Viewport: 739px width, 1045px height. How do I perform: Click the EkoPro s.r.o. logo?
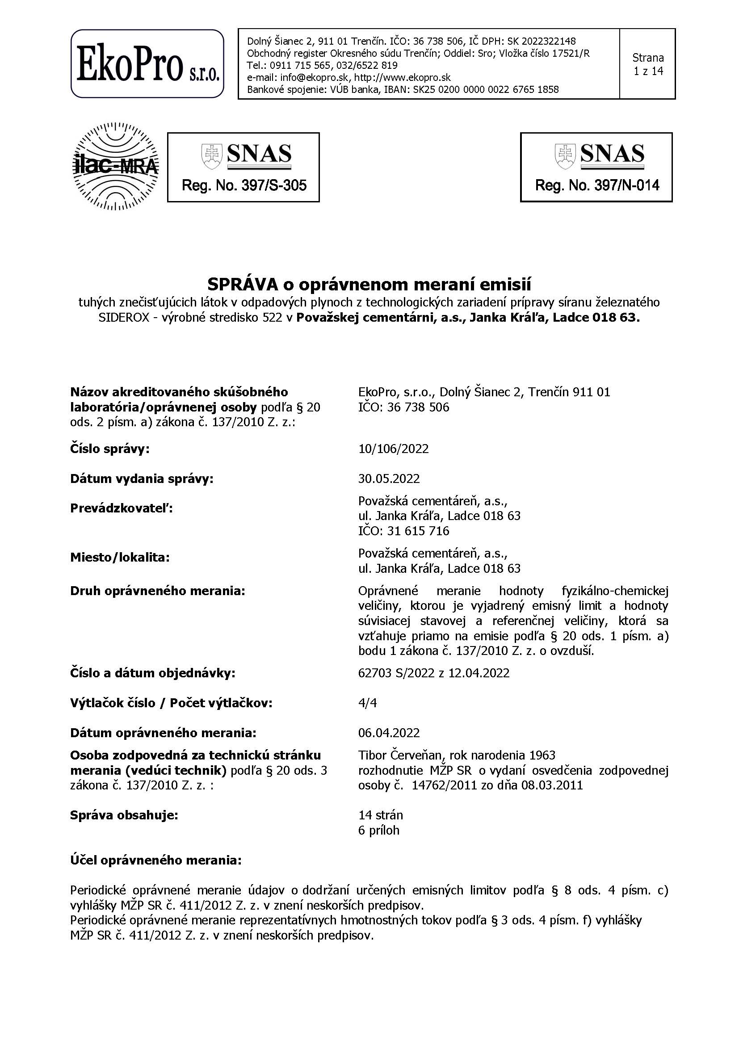click(147, 64)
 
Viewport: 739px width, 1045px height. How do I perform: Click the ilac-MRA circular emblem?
click(117, 167)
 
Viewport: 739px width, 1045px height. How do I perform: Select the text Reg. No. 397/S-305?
click(244, 185)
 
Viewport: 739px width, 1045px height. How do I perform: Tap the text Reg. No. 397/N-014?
click(596, 185)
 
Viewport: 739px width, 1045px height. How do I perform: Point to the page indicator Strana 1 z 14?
click(647, 64)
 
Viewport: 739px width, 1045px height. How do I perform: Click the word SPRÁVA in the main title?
click(243, 285)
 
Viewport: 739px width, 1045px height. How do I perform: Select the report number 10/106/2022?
click(393, 449)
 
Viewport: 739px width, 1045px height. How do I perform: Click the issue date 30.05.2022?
click(389, 479)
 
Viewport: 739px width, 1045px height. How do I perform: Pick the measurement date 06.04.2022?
click(389, 733)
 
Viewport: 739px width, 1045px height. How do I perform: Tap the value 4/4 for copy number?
click(367, 703)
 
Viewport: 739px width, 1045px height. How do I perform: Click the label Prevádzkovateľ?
click(122, 509)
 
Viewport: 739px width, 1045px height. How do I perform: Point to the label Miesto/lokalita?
click(120, 558)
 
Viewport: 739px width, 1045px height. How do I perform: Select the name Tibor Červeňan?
click(399, 755)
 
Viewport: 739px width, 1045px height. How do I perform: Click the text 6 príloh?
click(378, 830)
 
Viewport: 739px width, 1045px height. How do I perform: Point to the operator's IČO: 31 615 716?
click(403, 531)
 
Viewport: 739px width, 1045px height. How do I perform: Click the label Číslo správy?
click(109, 449)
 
